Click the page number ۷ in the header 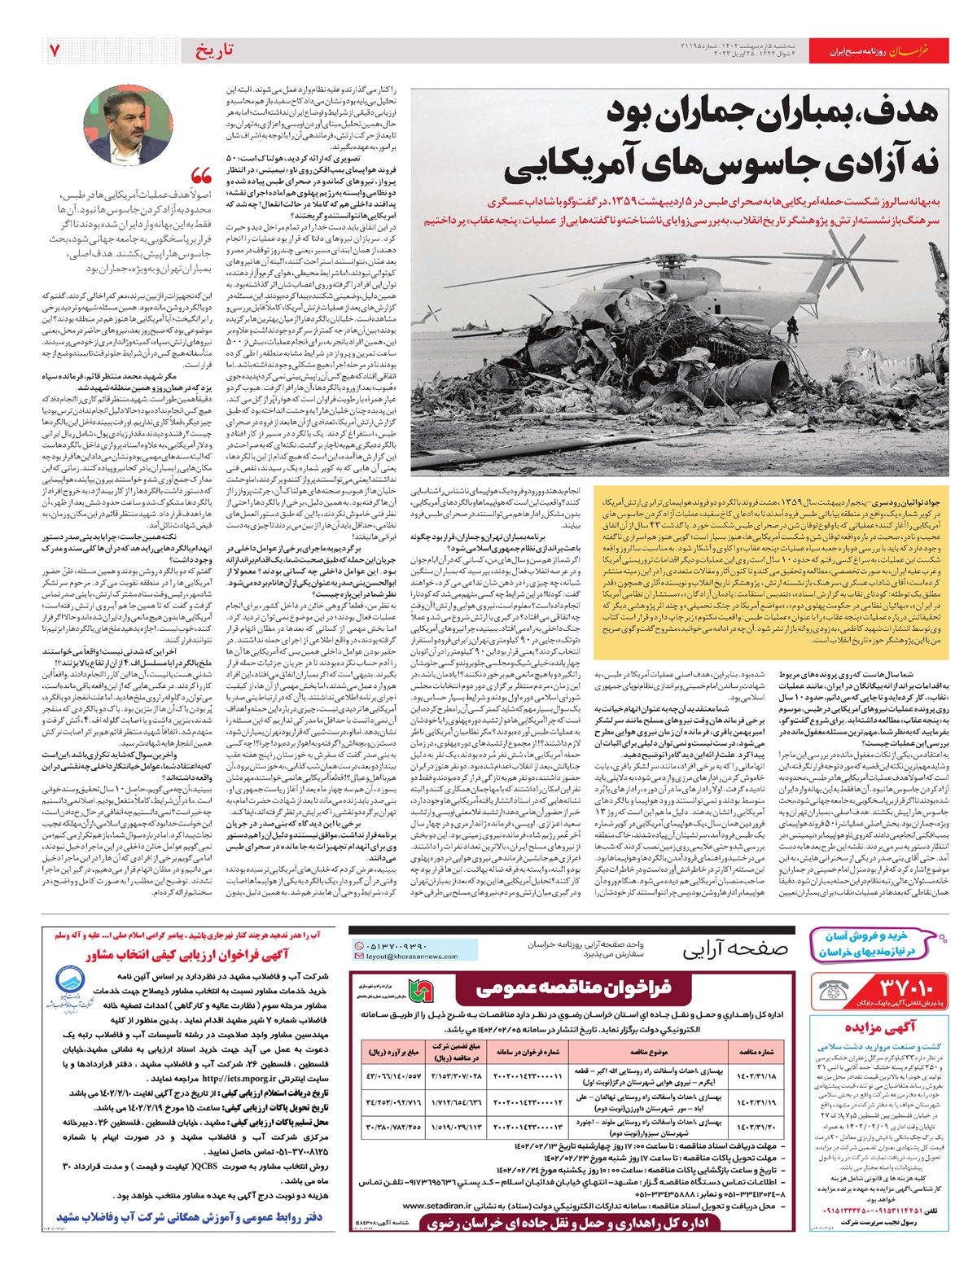(55, 50)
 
